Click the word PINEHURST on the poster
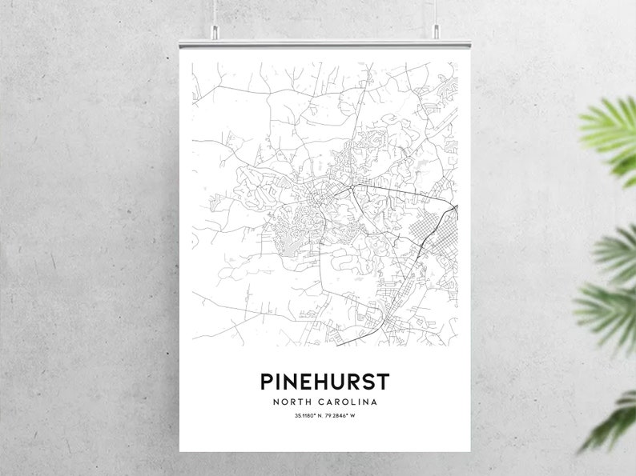click(x=318, y=381)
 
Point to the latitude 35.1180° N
click(x=303, y=415)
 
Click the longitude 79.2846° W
click(x=337, y=415)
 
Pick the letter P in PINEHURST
click(x=265, y=381)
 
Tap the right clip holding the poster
click(x=437, y=32)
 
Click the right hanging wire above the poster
click(x=437, y=12)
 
